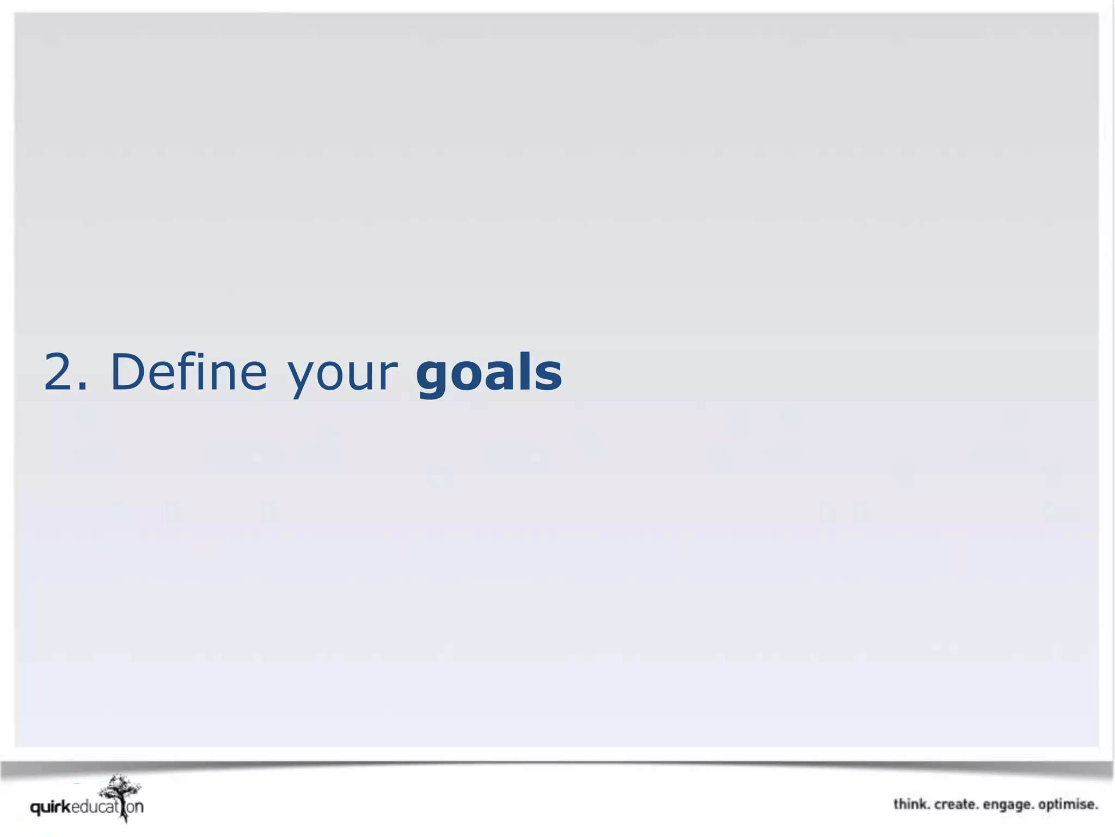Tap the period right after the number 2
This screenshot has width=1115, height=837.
click(x=82, y=387)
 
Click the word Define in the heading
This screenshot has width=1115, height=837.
click(x=189, y=372)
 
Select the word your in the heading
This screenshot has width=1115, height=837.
click(x=342, y=376)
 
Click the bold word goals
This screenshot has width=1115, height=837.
click(x=489, y=373)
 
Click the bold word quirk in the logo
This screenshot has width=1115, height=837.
click(x=51, y=807)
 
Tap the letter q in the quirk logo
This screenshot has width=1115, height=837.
click(x=36, y=808)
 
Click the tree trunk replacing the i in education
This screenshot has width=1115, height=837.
click(x=124, y=809)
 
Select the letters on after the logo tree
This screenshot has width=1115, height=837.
click(x=135, y=807)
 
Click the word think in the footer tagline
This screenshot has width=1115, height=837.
click(x=910, y=804)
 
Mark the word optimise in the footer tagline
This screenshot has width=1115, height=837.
click(x=1068, y=805)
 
